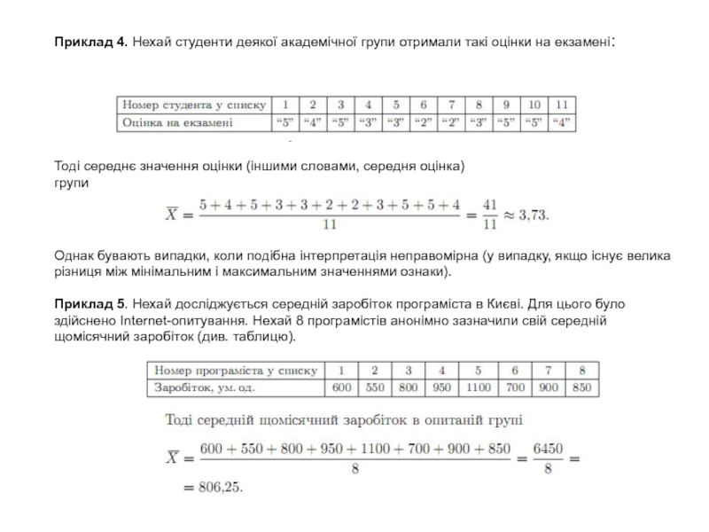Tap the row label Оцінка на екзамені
point(177,123)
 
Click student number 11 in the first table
point(562,105)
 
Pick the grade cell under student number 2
point(313,123)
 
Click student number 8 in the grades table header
point(479,105)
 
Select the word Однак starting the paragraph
point(76,256)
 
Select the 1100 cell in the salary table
point(478,387)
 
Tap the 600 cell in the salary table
point(341,387)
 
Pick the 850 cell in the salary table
point(582,387)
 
